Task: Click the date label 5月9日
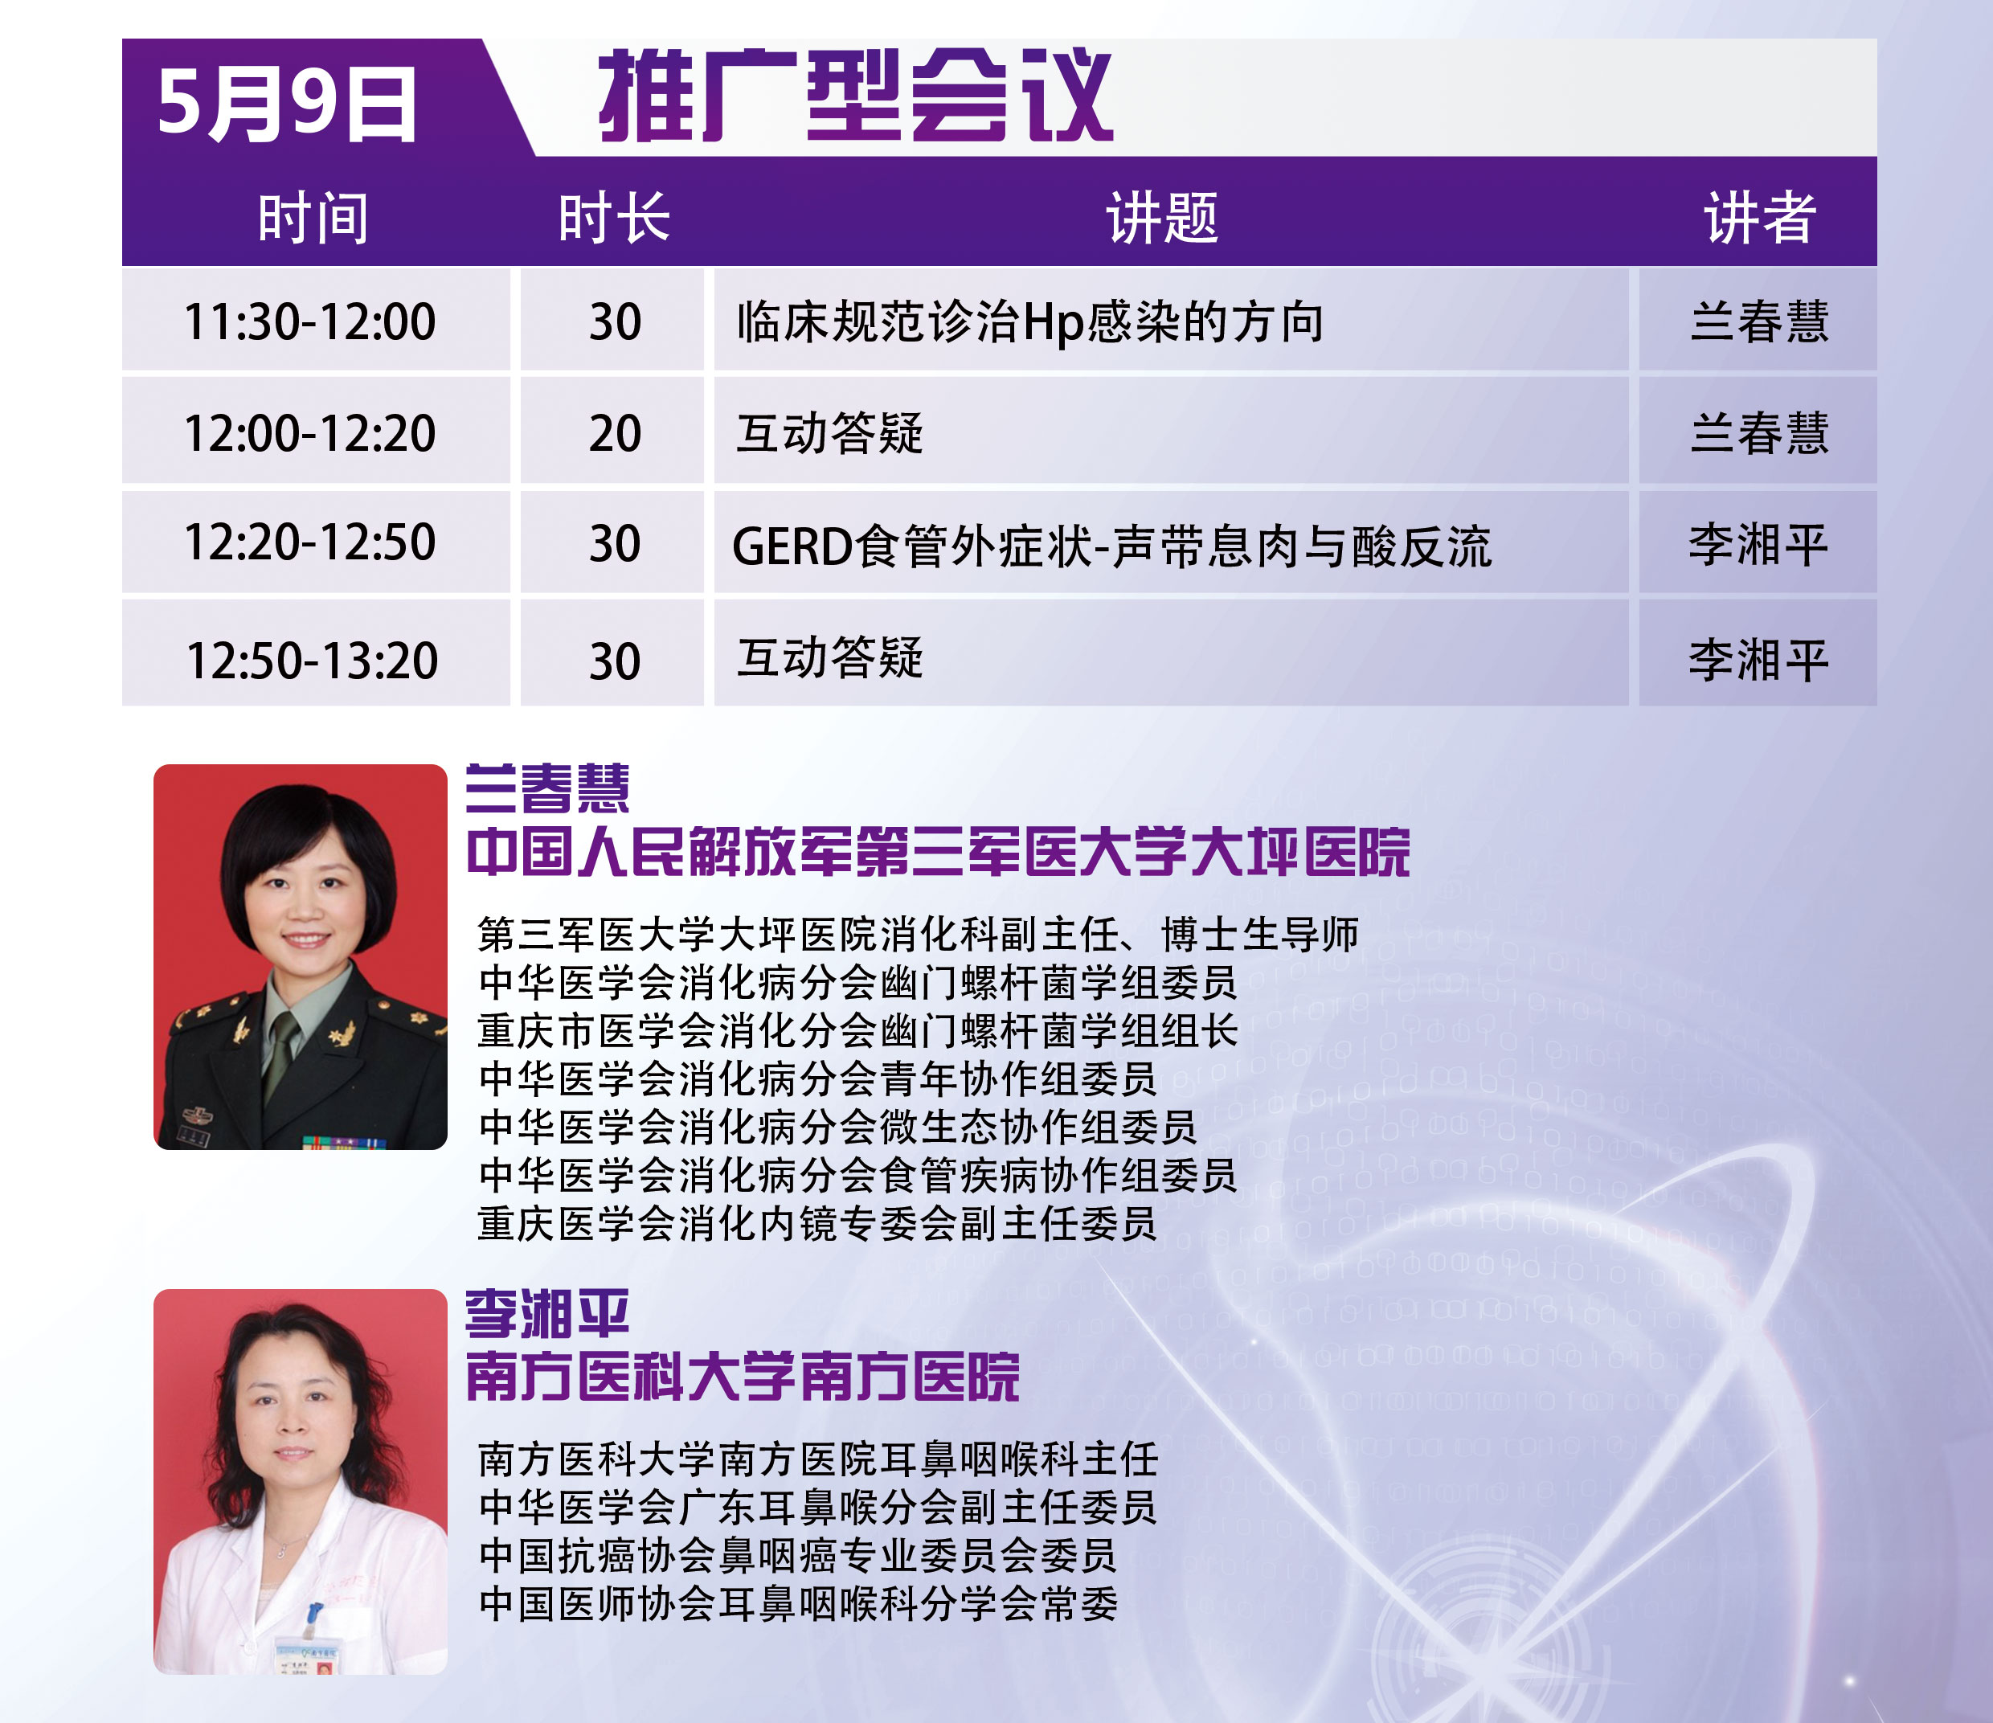(x=287, y=104)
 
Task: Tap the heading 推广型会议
(x=855, y=96)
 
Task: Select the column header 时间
(x=313, y=218)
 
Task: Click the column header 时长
(x=614, y=218)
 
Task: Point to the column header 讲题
(x=1162, y=218)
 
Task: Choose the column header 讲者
(x=1759, y=218)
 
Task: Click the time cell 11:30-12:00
(x=309, y=321)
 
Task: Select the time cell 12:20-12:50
(x=309, y=542)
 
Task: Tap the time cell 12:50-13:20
(x=312, y=661)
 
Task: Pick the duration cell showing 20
(x=615, y=433)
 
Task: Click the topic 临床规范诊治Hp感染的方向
(x=1030, y=321)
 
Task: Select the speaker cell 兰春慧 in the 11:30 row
(x=1759, y=321)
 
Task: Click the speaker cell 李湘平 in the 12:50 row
(x=1758, y=661)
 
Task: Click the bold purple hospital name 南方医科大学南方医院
(x=742, y=1376)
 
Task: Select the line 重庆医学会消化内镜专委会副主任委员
(x=816, y=1224)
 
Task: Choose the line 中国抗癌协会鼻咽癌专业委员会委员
(x=797, y=1556)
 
